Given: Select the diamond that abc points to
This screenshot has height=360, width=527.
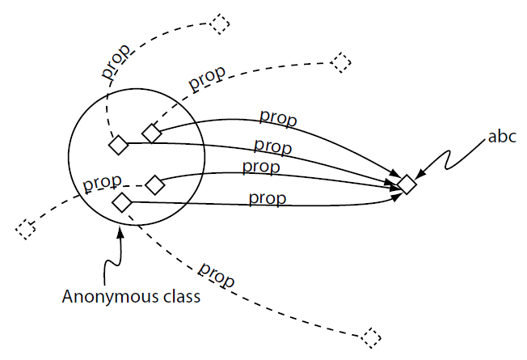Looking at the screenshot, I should click(407, 185).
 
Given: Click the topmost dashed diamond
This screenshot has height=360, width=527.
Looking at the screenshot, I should click(218, 24).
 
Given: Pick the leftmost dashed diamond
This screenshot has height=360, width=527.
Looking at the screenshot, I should click(26, 228).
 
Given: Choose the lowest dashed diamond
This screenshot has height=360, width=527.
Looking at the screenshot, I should click(371, 337).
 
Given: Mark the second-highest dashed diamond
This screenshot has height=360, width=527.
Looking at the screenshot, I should click(341, 61).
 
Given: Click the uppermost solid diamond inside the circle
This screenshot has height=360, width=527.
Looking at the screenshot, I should click(151, 133).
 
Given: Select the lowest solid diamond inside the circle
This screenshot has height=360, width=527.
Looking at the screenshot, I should click(122, 202).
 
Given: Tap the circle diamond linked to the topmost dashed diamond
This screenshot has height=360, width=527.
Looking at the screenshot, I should click(119, 145).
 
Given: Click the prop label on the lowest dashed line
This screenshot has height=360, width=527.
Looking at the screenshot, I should click(216, 274).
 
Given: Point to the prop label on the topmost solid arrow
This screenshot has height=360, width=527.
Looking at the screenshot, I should click(277, 117).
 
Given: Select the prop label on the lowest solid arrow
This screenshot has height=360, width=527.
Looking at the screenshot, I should click(266, 197).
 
